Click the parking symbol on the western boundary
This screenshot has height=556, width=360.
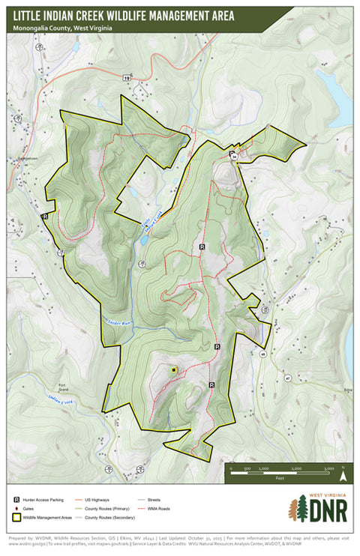(45, 216)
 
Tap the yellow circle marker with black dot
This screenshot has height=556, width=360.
(174, 370)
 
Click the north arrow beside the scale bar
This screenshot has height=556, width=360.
(343, 474)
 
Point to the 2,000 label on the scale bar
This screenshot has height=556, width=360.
(296, 468)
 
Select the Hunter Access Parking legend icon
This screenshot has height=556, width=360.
(16, 498)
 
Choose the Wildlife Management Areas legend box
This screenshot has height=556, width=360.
(16, 517)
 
